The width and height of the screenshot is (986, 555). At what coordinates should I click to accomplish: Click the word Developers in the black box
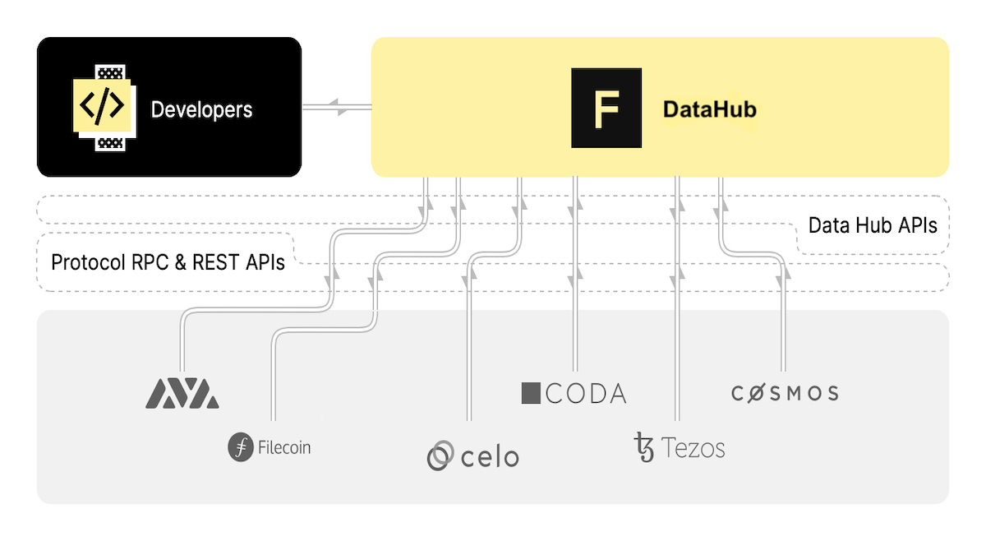click(x=201, y=109)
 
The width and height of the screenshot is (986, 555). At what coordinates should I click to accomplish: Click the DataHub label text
click(x=709, y=109)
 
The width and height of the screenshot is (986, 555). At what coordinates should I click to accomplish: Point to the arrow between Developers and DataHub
click(x=337, y=106)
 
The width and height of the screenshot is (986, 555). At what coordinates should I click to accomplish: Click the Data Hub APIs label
click(x=872, y=225)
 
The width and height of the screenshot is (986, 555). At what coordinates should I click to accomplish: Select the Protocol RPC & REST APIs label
click(x=168, y=262)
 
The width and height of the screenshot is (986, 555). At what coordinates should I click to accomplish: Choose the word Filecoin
click(x=284, y=448)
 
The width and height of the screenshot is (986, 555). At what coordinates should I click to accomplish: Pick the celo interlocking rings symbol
click(x=441, y=456)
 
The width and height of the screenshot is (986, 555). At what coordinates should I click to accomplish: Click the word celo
click(x=490, y=456)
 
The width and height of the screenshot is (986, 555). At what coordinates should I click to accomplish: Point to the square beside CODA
click(x=531, y=393)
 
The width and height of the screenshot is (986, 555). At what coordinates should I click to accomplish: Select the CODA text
click(x=586, y=393)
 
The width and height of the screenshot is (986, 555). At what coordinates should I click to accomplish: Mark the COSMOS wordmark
click(x=785, y=393)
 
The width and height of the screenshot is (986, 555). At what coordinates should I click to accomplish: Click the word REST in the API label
click(x=217, y=262)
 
